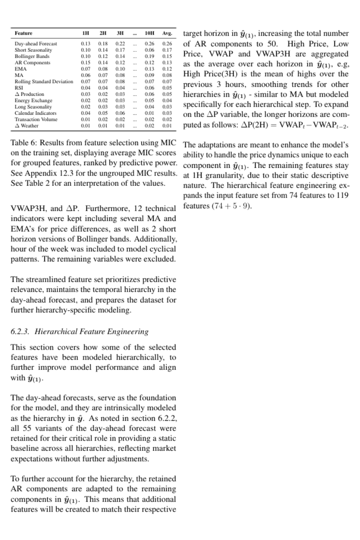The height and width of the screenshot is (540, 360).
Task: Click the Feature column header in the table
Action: pyautogui.click(x=23, y=33)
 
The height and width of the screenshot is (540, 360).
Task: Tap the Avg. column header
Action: pyautogui.click(x=168, y=33)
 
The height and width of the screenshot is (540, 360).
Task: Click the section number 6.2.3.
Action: pyautogui.click(x=21, y=332)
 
